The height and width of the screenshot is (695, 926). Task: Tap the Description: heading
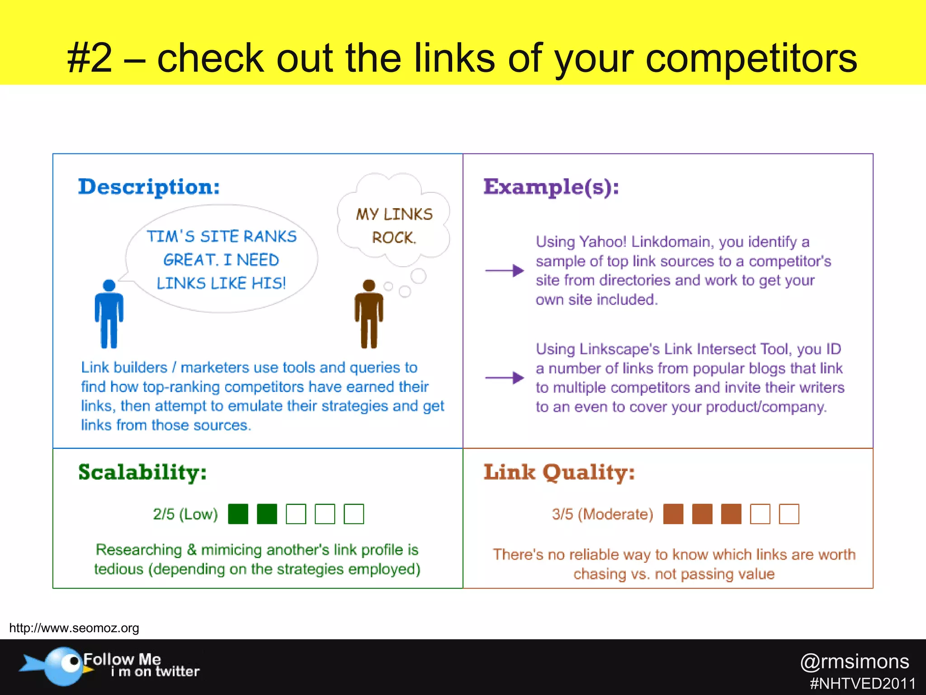pyautogui.click(x=149, y=186)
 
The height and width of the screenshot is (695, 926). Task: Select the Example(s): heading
pyautogui.click(x=551, y=186)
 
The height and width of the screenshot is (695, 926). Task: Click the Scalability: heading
pyautogui.click(x=142, y=472)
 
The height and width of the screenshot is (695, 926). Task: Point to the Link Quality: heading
pyautogui.click(x=559, y=472)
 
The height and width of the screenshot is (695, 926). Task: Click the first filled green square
pyautogui.click(x=238, y=514)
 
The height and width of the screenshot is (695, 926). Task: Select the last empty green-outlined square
pyautogui.click(x=354, y=514)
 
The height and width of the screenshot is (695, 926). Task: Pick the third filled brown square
pyautogui.click(x=731, y=514)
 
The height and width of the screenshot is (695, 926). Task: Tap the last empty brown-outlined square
pyautogui.click(x=789, y=514)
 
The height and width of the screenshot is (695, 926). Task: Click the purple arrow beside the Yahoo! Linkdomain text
pyautogui.click(x=504, y=271)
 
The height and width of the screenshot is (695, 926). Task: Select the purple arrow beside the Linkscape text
pyautogui.click(x=504, y=377)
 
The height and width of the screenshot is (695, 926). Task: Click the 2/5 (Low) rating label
pyautogui.click(x=185, y=514)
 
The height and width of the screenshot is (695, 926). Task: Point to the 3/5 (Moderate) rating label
pyautogui.click(x=603, y=514)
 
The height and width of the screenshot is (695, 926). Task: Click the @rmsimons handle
pyautogui.click(x=855, y=662)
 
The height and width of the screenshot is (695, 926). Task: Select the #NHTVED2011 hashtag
pyautogui.click(x=863, y=683)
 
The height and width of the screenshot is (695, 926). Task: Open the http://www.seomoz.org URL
pyautogui.click(x=74, y=628)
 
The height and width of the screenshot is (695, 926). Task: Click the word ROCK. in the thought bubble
pyautogui.click(x=393, y=238)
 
